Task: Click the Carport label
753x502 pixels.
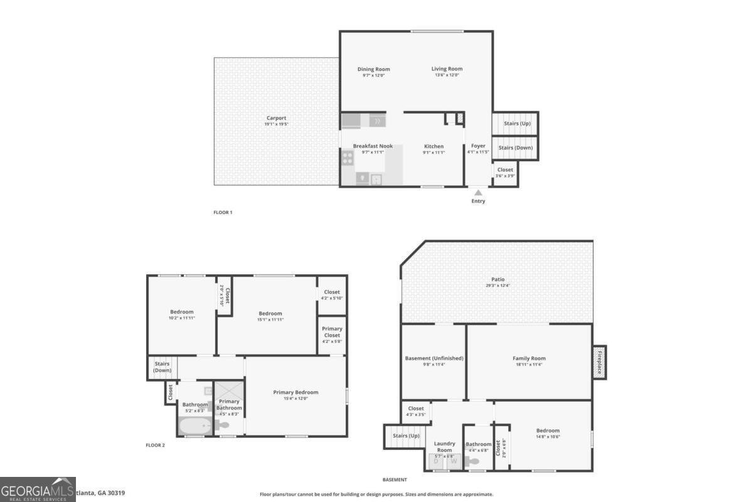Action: (x=276, y=118)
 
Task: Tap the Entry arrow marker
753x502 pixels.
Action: (x=478, y=193)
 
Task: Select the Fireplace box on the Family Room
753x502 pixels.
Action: (x=599, y=362)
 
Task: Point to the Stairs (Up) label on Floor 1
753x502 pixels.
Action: (x=517, y=124)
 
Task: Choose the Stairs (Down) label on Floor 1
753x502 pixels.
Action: (x=515, y=148)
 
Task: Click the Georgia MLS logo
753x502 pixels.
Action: (x=38, y=489)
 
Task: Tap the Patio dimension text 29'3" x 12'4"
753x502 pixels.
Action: (x=498, y=286)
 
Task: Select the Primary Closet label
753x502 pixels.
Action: (x=332, y=332)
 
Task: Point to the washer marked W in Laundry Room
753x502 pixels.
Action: (x=454, y=462)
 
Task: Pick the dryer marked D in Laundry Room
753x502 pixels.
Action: (x=437, y=462)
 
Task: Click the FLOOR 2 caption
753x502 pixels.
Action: (x=155, y=445)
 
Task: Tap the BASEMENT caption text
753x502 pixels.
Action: (x=395, y=479)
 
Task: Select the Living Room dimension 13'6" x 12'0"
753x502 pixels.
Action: (x=446, y=75)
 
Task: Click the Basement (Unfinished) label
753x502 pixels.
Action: (x=434, y=358)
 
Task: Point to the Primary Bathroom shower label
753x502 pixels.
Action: (x=229, y=404)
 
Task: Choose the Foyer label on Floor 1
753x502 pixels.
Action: (x=478, y=146)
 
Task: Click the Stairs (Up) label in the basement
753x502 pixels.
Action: (x=406, y=435)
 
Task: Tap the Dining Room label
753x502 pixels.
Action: (x=373, y=69)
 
